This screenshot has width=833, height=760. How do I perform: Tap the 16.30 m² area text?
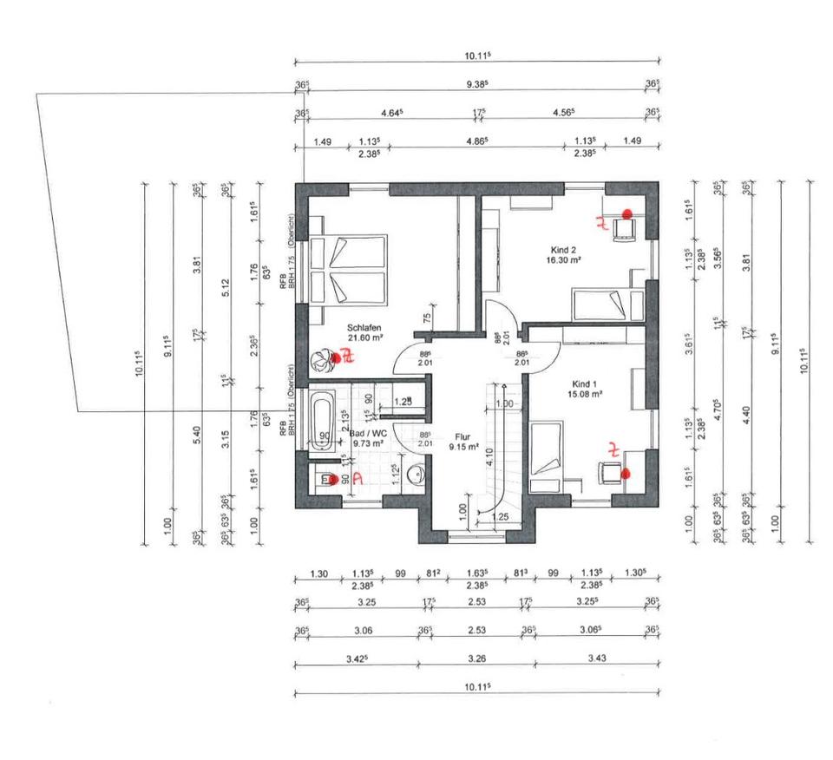(563, 259)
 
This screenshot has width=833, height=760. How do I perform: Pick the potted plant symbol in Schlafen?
(325, 358)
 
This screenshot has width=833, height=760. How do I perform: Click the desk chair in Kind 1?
(608, 473)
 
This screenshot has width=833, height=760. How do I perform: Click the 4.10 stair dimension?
(489, 458)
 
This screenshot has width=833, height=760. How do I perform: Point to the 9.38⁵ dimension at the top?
(476, 84)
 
